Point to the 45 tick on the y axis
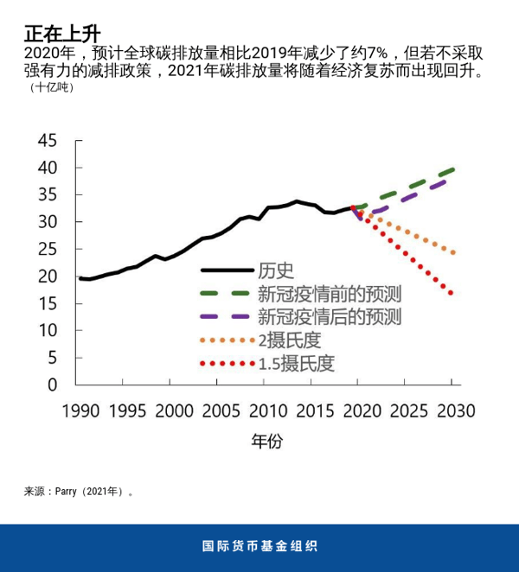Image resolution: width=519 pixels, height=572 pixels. tap(48, 141)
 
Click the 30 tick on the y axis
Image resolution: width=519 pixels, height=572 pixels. tap(48, 222)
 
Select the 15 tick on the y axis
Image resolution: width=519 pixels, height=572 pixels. tap(48, 303)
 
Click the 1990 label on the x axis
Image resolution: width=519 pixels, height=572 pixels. tap(80, 410)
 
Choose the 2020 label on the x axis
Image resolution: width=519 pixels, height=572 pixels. tap(361, 410)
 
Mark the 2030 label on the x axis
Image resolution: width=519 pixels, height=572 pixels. tap(452, 410)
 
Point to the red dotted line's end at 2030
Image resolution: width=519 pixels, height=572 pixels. tap(452, 294)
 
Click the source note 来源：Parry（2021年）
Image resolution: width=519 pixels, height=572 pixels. tap(79, 492)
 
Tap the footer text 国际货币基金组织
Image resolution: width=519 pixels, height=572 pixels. tap(259, 547)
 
